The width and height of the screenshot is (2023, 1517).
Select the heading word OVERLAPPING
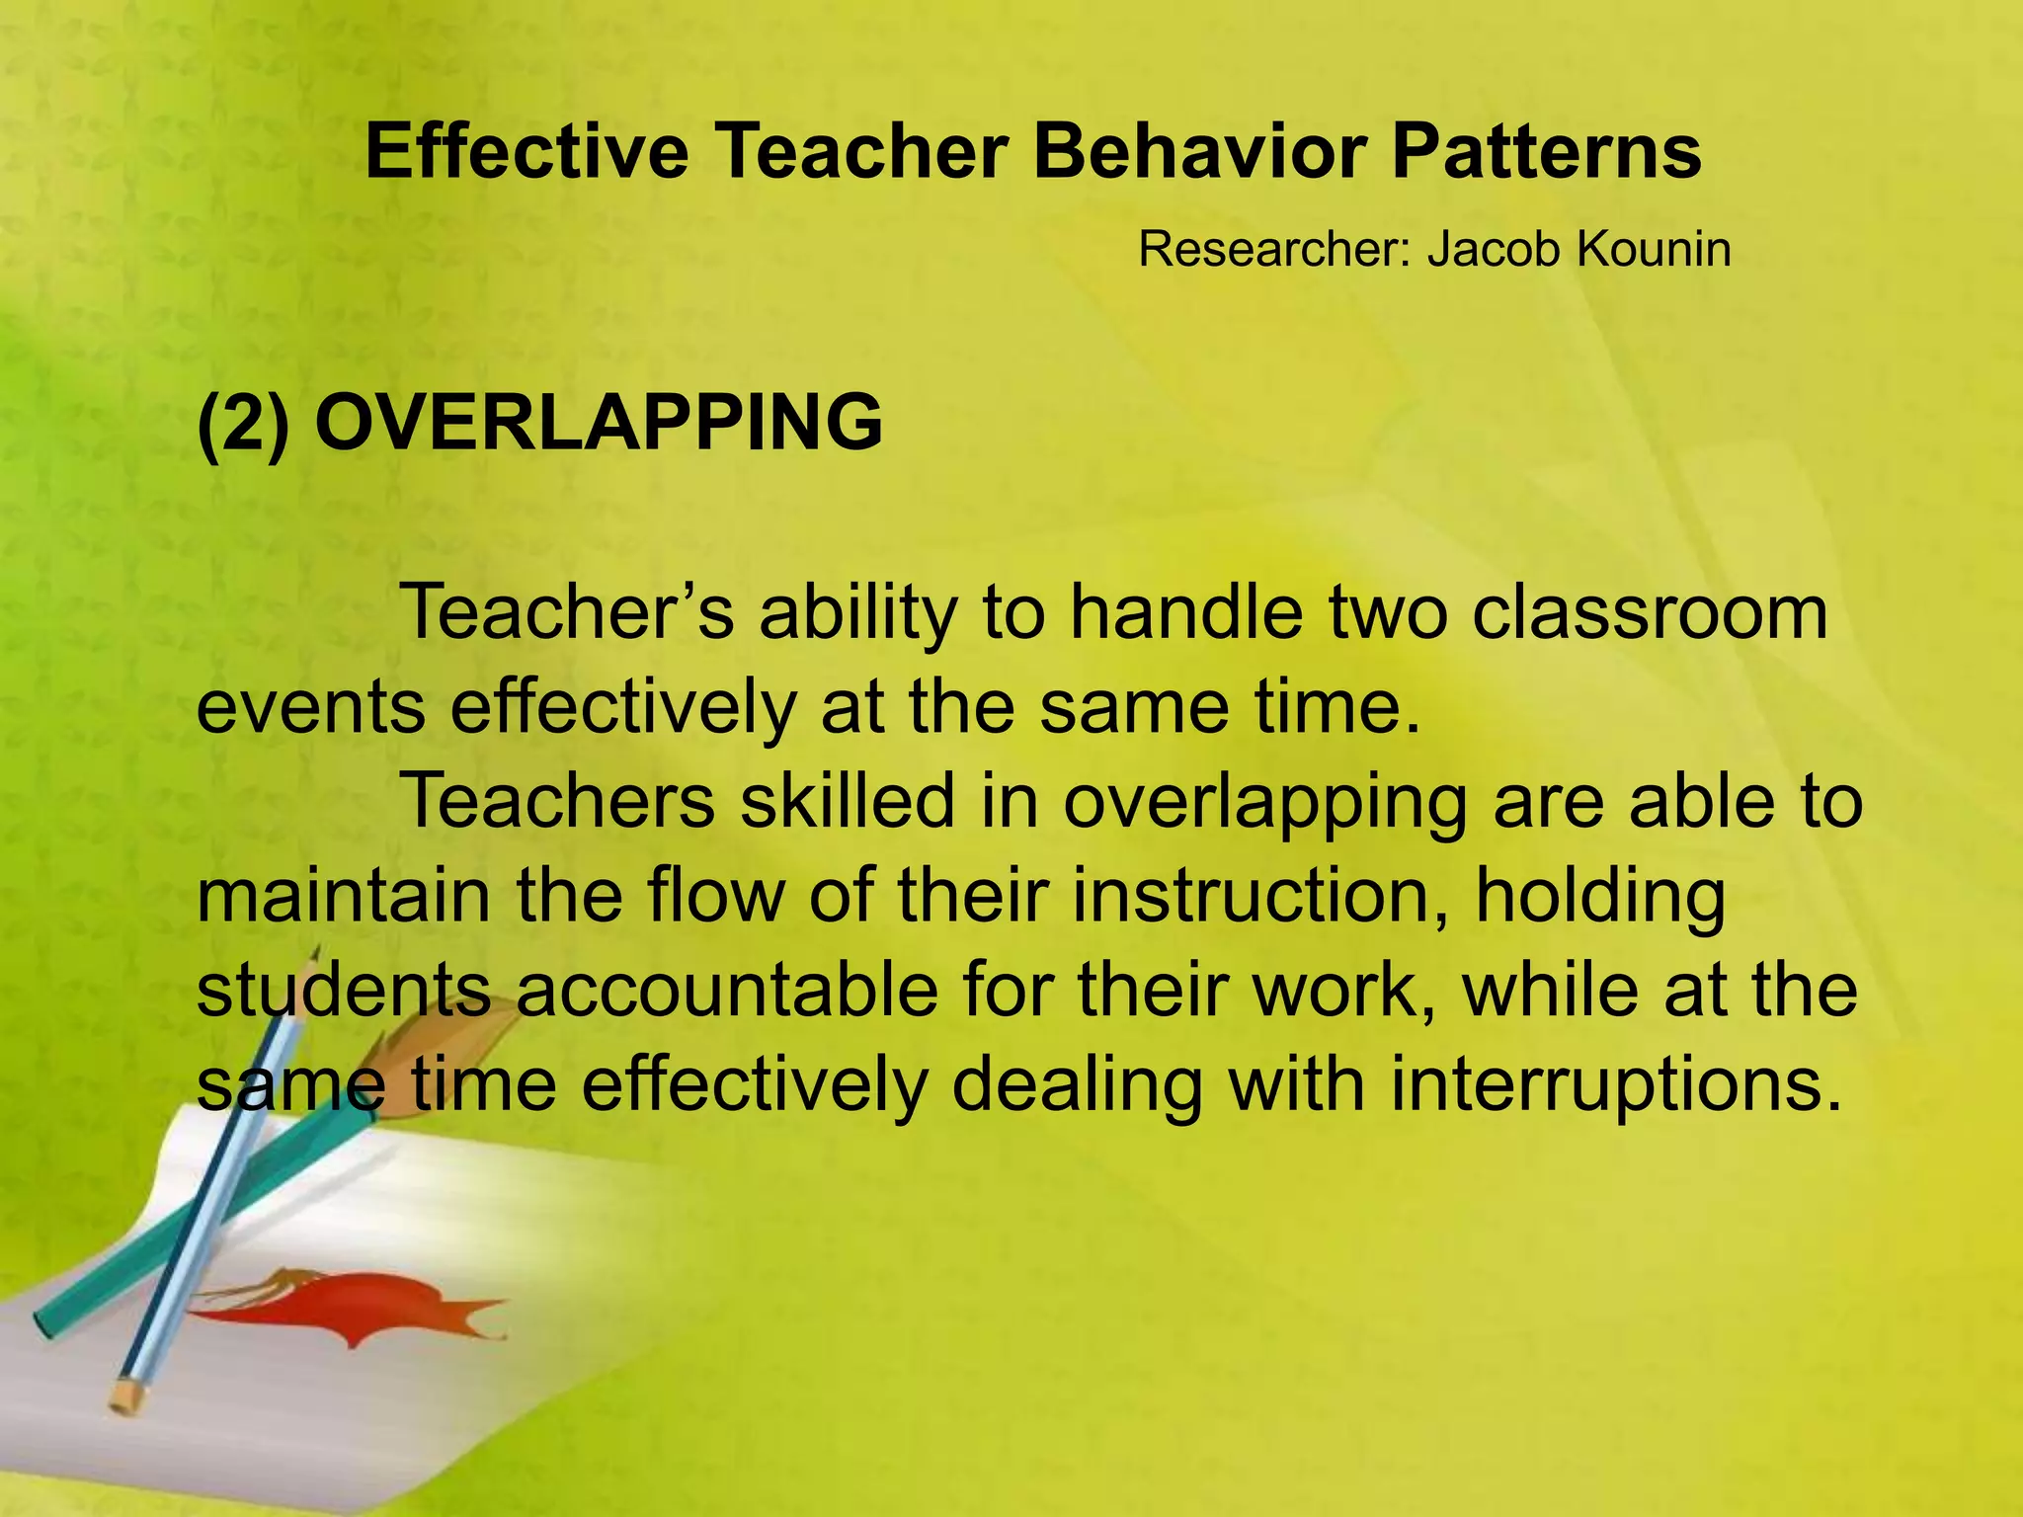click(x=598, y=423)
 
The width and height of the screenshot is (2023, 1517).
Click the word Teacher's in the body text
click(x=569, y=612)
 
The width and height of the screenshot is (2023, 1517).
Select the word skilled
click(x=848, y=801)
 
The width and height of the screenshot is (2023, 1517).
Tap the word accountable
click(x=726, y=991)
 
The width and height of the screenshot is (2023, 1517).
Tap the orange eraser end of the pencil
click(x=126, y=1395)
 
